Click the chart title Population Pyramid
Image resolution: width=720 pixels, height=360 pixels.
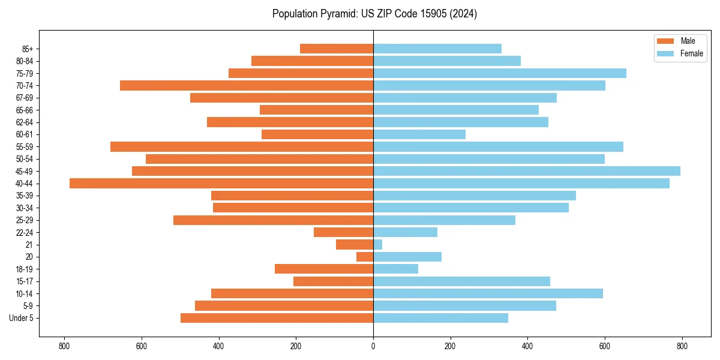click(374, 14)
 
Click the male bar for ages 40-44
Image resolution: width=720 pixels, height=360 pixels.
click(221, 184)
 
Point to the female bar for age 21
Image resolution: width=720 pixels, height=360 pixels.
click(378, 245)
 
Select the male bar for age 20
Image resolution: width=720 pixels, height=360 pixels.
click(365, 257)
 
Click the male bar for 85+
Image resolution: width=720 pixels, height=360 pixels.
click(337, 49)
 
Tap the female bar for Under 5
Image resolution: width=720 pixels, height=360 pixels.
click(440, 318)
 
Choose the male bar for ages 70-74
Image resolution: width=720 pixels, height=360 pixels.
click(247, 85)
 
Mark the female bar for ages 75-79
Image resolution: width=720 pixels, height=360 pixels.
click(500, 73)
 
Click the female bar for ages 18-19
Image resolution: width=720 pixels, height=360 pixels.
click(395, 269)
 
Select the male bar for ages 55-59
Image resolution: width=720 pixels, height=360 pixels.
click(242, 146)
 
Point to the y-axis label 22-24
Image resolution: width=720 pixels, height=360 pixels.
click(28, 233)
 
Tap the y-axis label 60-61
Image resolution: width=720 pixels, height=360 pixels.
click(28, 134)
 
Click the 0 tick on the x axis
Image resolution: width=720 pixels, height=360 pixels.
click(373, 346)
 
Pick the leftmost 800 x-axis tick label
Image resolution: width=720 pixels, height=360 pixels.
click(64, 346)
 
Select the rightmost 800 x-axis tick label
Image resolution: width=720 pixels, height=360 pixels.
click(682, 346)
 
